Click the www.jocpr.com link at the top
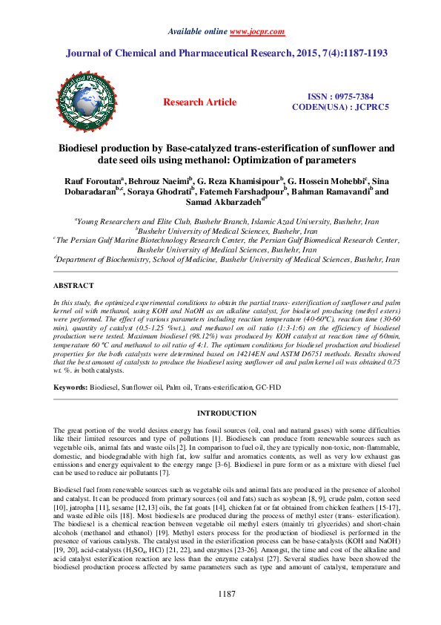coord(254,33)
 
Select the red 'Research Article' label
coord(200,102)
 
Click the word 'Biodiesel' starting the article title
coord(84,148)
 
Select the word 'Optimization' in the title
coord(271,160)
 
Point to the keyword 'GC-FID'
coord(269,388)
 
